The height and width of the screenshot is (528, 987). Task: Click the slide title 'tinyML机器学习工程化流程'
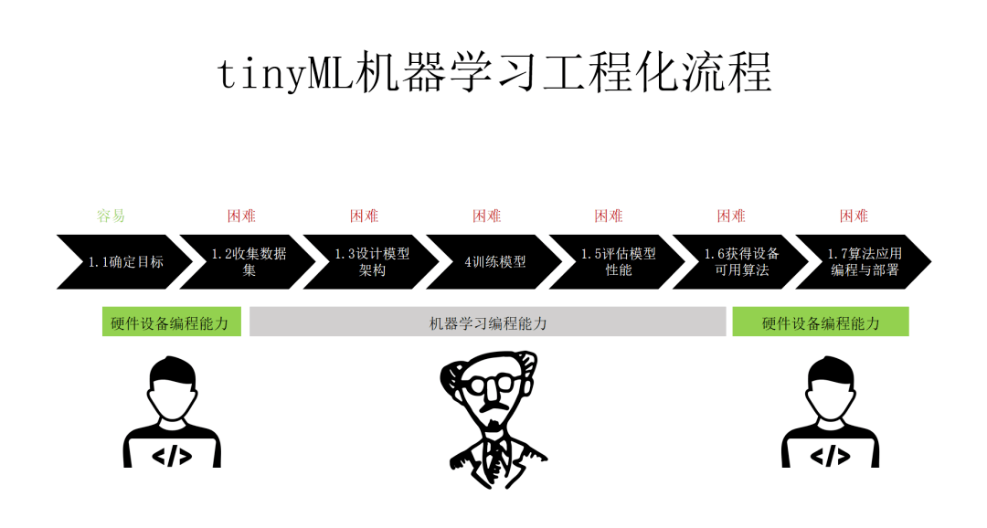coord(494,73)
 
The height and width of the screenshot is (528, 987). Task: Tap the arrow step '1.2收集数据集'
coord(248,262)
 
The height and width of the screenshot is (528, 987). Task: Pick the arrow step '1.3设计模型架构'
coord(371,262)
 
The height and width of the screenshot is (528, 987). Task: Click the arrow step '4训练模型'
coord(494,262)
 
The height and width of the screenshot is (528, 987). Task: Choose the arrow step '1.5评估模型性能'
coord(617,262)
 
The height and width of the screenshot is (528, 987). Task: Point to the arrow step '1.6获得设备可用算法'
coord(740,262)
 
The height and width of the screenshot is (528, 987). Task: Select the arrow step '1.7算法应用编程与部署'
coord(864,262)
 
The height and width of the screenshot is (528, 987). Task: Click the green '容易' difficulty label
coord(111,216)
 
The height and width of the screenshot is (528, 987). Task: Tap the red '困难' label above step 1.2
coord(241,216)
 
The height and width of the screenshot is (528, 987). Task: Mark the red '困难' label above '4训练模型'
coord(486,216)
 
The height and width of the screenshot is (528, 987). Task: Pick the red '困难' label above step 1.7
coord(854,216)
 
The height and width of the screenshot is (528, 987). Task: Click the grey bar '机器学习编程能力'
coord(488,322)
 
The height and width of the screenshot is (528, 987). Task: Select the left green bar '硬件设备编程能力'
coord(171,322)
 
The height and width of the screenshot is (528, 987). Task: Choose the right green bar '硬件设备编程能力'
coord(820,322)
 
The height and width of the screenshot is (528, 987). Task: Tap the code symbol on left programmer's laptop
coord(172,456)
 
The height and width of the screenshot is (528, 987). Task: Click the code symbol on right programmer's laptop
coord(830,456)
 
